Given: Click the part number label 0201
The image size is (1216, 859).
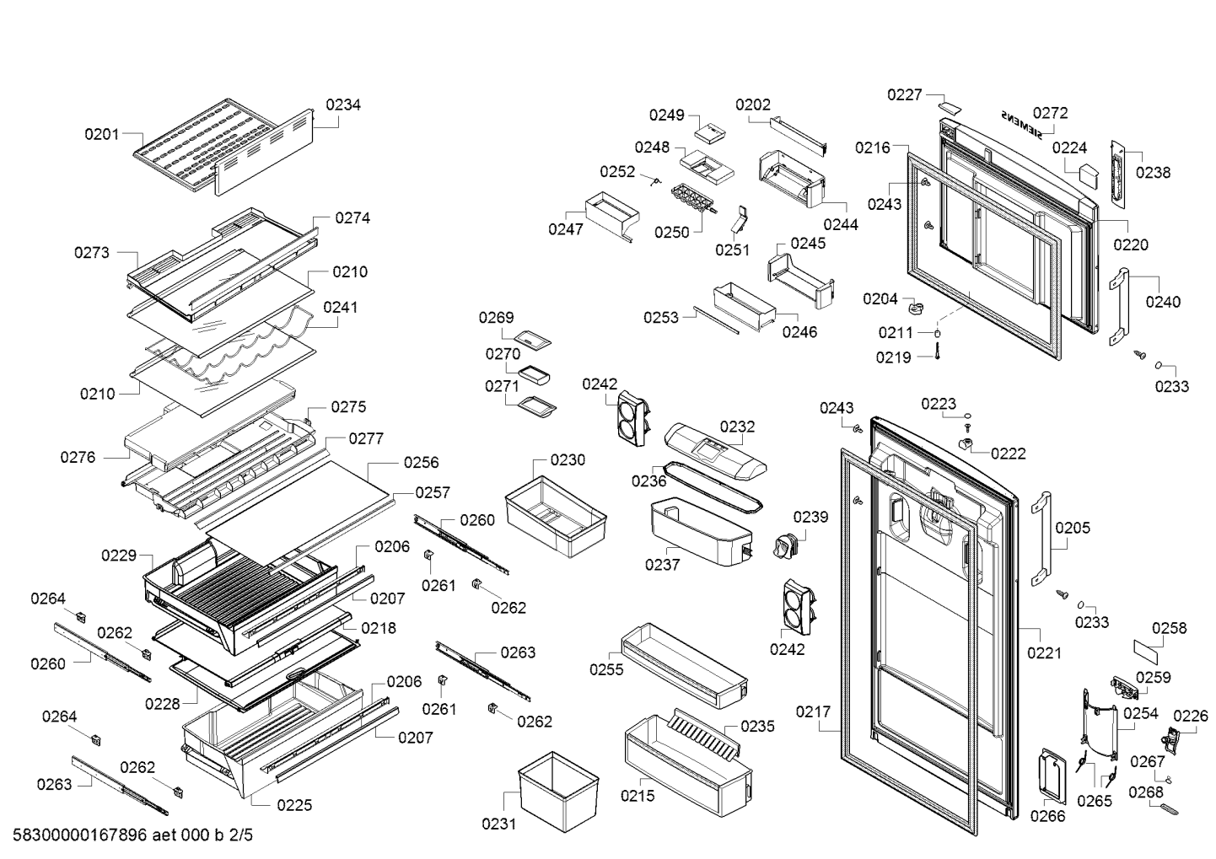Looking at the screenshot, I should (101, 133).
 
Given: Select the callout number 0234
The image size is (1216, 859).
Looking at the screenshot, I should (343, 105).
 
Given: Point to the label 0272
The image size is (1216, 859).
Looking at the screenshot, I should (1050, 112).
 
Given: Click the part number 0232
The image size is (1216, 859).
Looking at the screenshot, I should (737, 427).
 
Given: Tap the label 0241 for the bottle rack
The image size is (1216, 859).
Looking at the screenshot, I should (340, 307).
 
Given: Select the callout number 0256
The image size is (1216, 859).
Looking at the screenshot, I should (421, 462).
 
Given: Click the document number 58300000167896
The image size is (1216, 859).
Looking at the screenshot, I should (79, 835).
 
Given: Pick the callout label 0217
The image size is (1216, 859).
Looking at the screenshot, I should (813, 712).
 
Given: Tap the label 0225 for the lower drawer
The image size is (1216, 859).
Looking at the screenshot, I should (294, 805).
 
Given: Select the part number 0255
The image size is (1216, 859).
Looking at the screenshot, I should (606, 669).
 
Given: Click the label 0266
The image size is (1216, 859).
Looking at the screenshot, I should (1047, 816).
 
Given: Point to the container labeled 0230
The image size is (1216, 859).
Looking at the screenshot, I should (555, 515).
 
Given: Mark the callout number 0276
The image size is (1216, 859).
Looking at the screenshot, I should (78, 457).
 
